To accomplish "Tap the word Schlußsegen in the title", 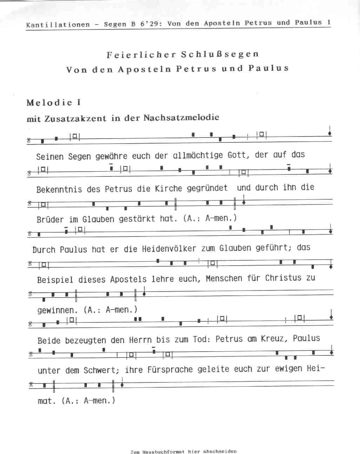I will [x=220, y=54].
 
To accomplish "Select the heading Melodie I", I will [x=53, y=103].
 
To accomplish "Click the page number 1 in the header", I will [x=329, y=22].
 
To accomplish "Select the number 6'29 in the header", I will [x=149, y=24].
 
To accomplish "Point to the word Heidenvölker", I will [x=169, y=249].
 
